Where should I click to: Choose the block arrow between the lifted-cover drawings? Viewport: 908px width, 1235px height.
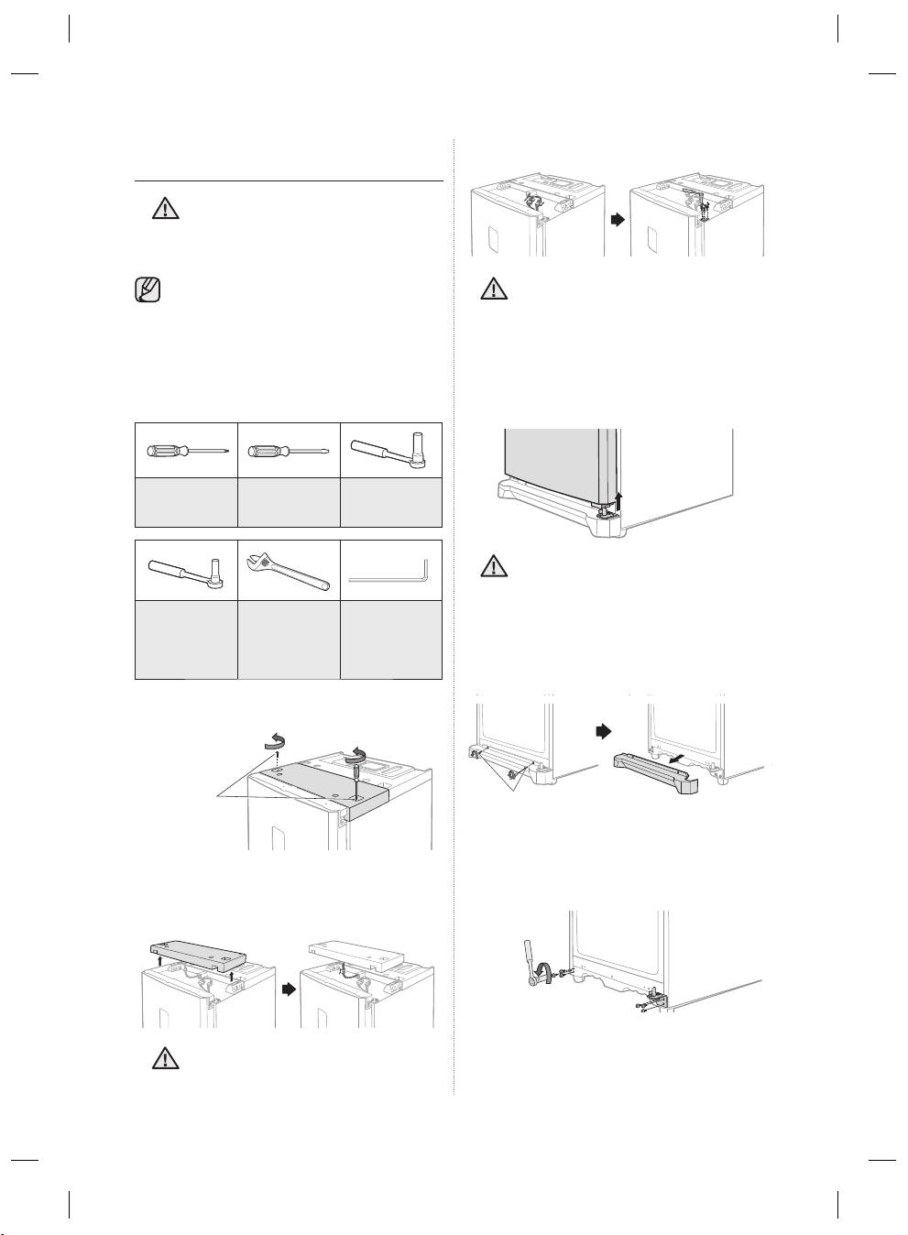[x=288, y=989]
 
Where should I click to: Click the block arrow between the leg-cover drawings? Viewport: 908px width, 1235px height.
[x=603, y=732]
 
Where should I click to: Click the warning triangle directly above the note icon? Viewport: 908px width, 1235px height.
[x=164, y=210]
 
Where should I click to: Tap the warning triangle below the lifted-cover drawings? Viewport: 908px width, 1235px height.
[x=164, y=1058]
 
